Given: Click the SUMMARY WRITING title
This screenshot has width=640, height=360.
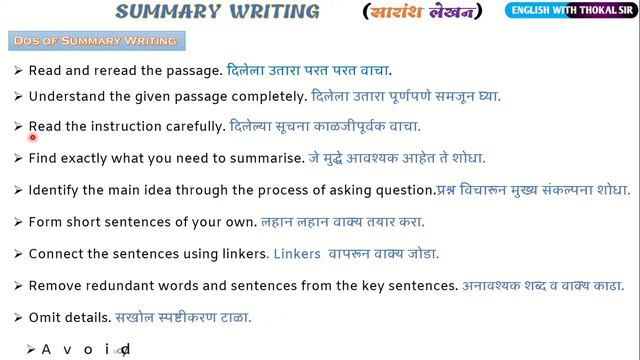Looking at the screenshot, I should (x=217, y=12).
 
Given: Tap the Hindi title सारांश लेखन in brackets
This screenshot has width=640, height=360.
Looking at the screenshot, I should (x=421, y=12).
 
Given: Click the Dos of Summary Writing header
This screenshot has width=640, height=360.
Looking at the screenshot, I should (x=95, y=41).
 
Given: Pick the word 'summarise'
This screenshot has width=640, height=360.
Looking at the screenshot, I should (x=266, y=158).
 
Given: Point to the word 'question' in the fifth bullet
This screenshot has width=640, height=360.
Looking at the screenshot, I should (x=405, y=190).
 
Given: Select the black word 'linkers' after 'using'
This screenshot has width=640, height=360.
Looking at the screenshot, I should (x=241, y=254).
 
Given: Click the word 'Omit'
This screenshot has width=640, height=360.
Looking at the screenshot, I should (x=44, y=318).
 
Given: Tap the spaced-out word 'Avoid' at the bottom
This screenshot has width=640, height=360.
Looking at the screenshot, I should (x=85, y=350).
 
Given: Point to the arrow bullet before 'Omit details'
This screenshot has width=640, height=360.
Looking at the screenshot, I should (x=19, y=318).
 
